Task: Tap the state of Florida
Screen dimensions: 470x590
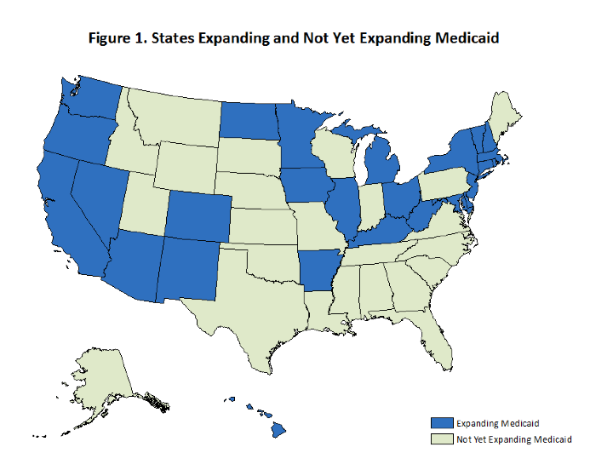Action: [x=430, y=336]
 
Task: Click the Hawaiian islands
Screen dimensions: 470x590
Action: [x=278, y=431]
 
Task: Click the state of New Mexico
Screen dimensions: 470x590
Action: [x=186, y=268]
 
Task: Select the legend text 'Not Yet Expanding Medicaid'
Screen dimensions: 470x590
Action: [x=513, y=438]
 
